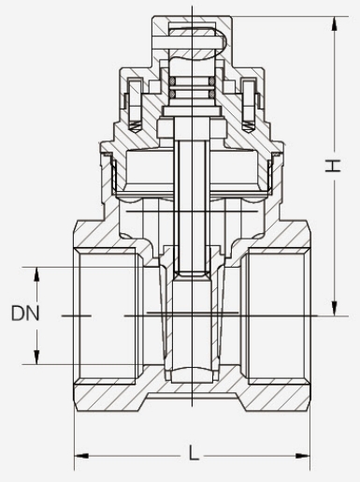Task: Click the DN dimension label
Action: tap(25, 314)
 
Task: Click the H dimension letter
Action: tap(333, 166)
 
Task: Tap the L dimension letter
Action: tap(194, 453)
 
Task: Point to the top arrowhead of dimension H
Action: tap(335, 23)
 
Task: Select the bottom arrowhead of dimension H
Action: tap(335, 308)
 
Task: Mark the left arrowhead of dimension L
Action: tap(81, 456)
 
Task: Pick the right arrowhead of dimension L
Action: tap(303, 456)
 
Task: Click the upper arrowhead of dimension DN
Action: tap(36, 274)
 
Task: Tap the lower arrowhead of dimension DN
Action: tap(36, 357)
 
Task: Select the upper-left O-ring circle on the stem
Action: tap(172, 81)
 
